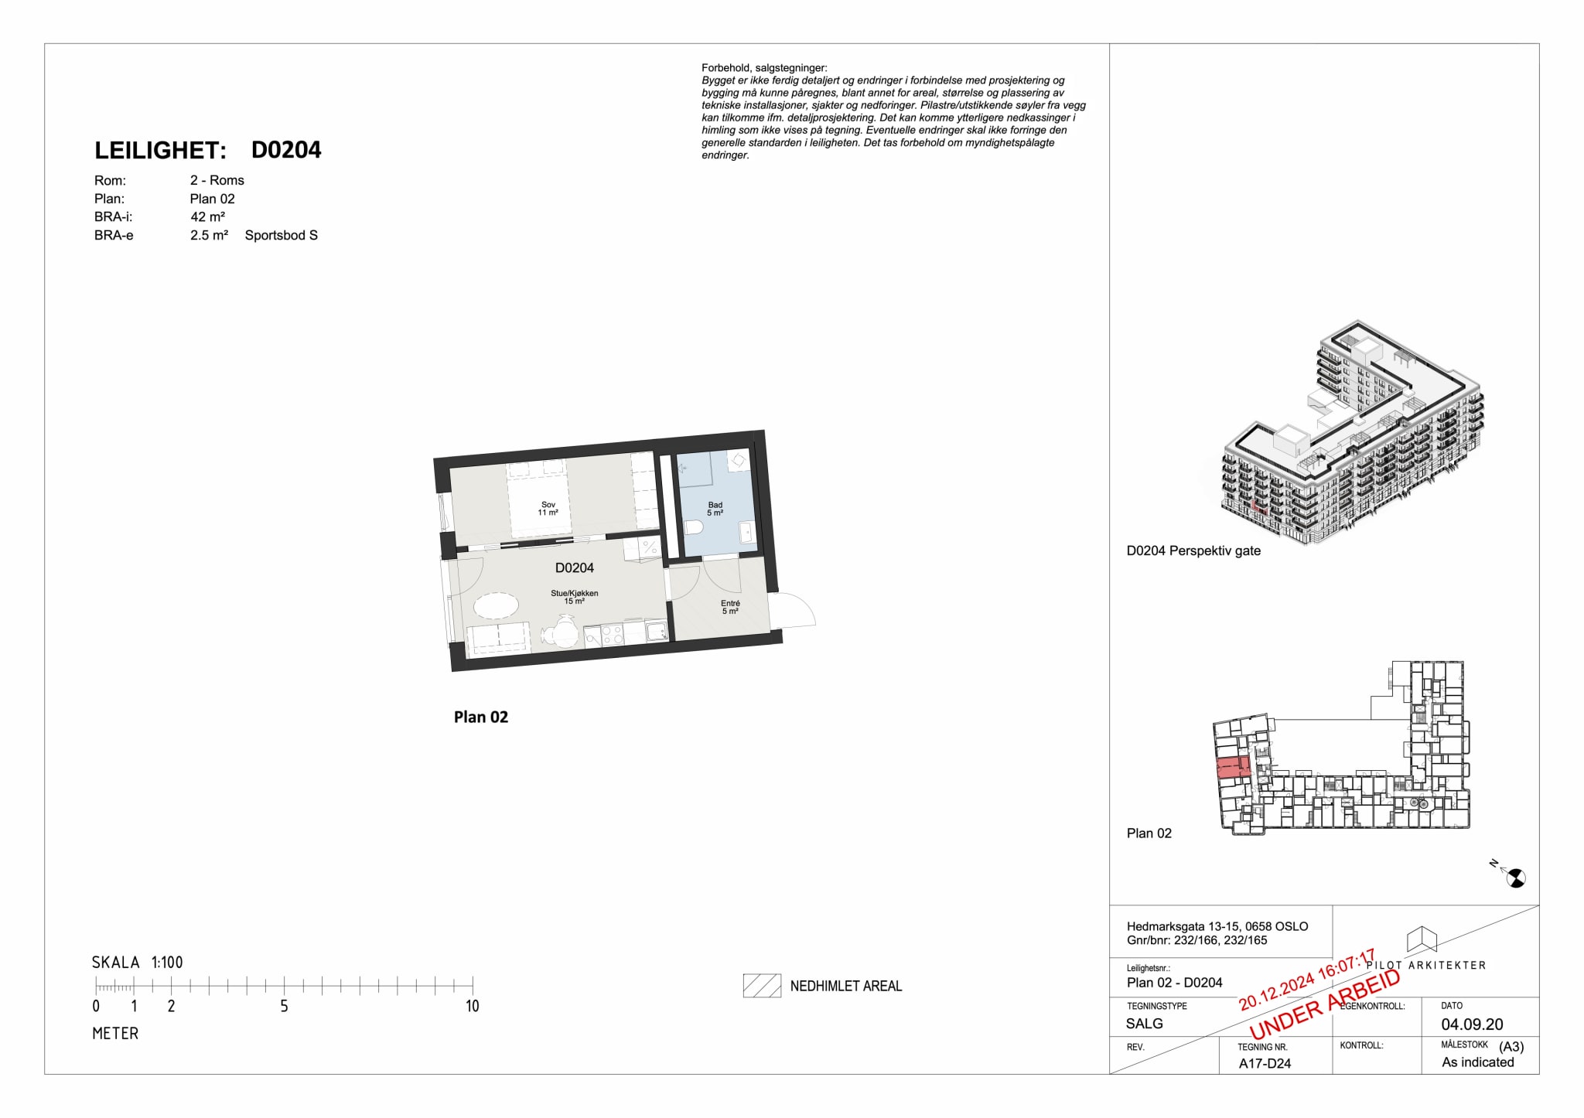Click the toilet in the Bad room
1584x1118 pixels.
693,527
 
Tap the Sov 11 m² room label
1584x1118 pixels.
548,509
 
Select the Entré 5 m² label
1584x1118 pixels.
730,607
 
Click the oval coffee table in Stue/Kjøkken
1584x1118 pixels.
495,605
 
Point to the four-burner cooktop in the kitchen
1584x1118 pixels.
613,635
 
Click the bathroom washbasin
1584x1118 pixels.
747,532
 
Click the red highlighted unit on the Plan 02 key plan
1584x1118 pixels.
1233,769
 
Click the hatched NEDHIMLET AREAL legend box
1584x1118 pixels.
761,986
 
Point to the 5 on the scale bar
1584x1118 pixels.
284,1006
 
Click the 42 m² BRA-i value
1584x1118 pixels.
207,217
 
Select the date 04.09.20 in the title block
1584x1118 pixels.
1472,1024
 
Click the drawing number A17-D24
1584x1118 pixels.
1265,1063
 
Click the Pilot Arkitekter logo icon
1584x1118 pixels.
1422,939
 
